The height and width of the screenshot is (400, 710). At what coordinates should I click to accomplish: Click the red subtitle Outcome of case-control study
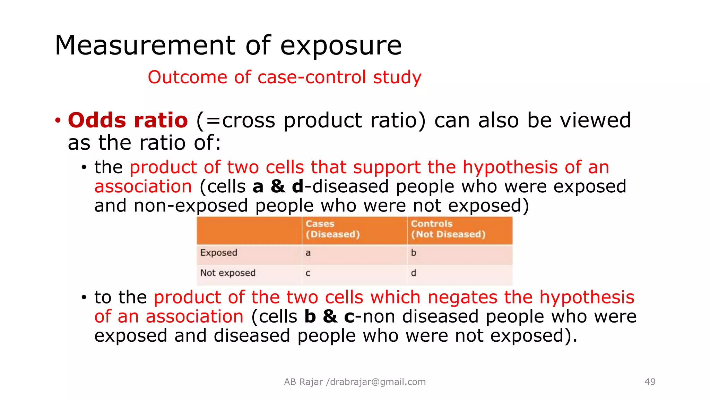coord(284,77)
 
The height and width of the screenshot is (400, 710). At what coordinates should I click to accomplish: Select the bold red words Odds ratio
coord(128,120)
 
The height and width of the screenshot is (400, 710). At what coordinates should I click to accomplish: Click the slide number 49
coord(650,382)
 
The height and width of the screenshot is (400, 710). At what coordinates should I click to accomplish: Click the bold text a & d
coord(278,187)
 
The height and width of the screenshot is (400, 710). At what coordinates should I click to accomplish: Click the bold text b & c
coord(329,317)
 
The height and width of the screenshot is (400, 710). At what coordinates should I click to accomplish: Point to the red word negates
coord(462,298)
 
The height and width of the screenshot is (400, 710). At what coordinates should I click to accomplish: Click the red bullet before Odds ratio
coord(58,121)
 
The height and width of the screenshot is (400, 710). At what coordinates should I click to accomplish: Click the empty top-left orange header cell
coord(249,230)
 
